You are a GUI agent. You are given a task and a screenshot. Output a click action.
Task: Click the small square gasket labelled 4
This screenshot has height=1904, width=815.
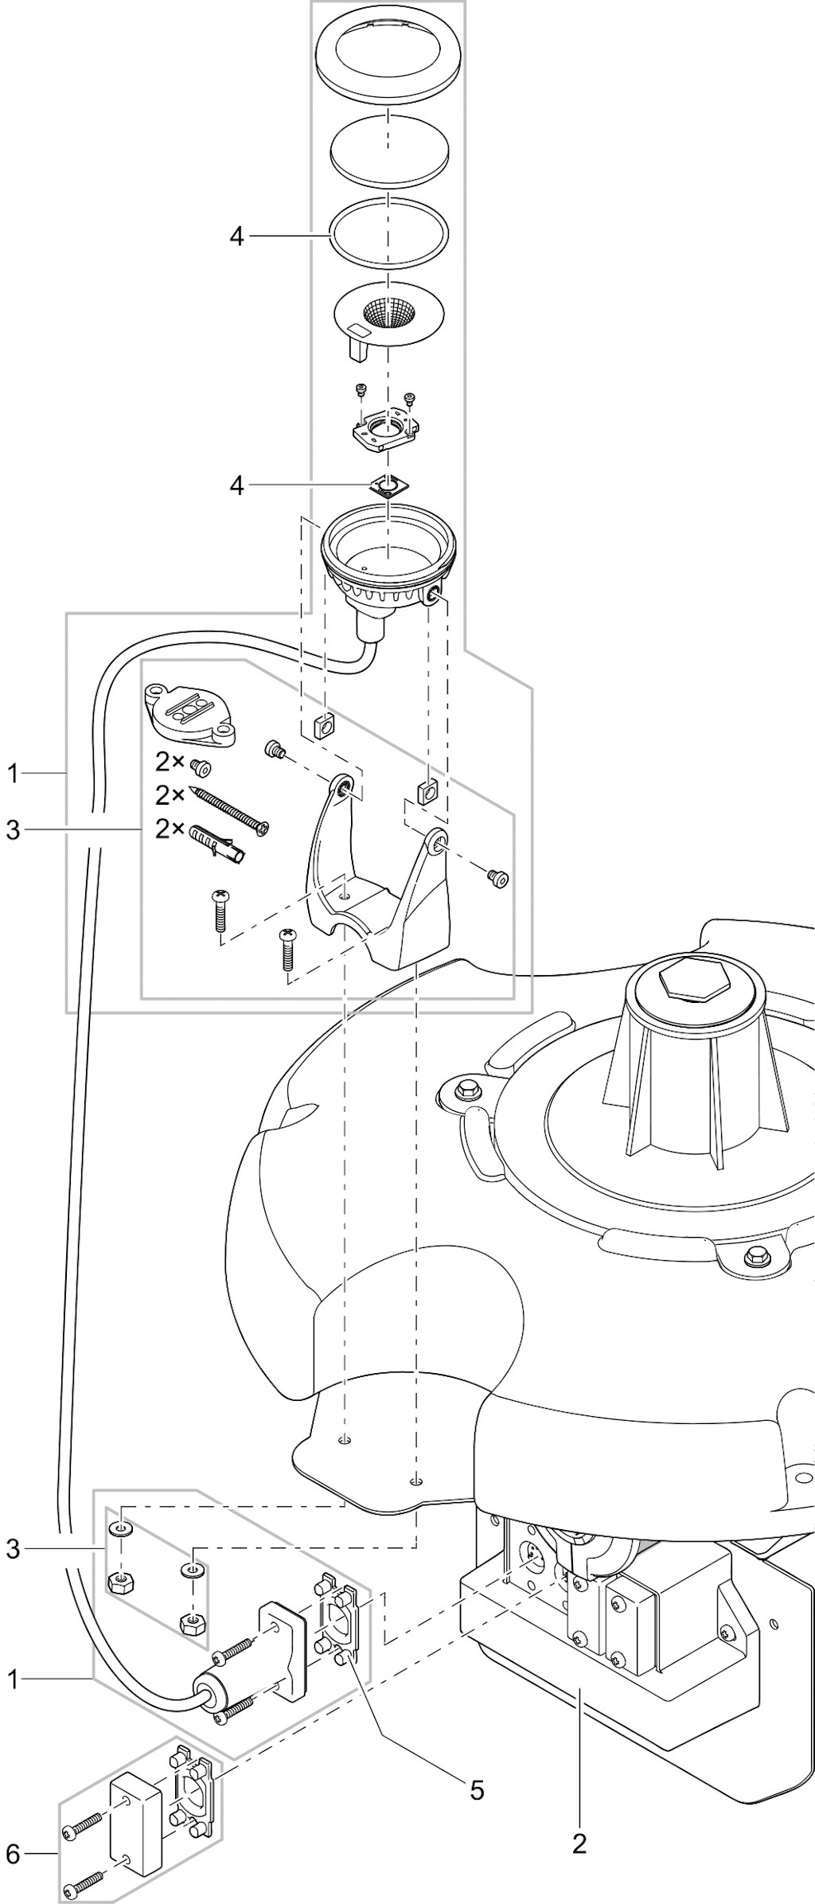click(388, 486)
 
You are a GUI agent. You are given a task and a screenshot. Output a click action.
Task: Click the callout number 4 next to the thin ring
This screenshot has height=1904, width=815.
click(236, 236)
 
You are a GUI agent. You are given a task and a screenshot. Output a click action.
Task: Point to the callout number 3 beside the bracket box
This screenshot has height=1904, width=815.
click(12, 830)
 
